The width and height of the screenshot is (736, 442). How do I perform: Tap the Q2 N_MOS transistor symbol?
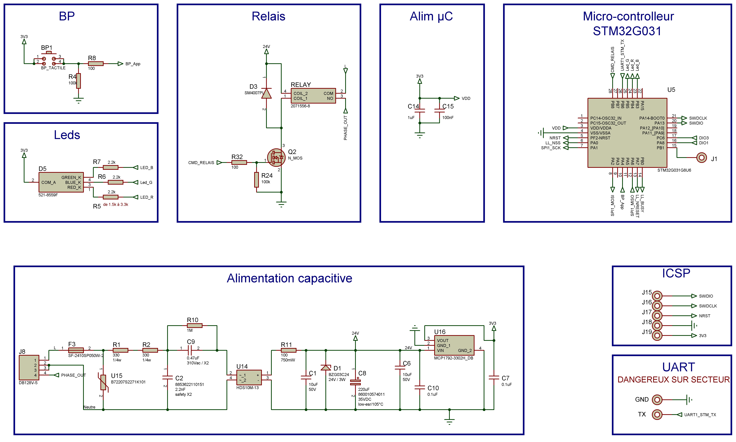click(x=276, y=158)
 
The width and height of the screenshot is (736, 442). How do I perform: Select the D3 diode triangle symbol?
click(x=266, y=93)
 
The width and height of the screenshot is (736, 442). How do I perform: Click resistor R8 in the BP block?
click(x=96, y=63)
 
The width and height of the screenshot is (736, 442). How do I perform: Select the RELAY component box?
click(x=313, y=96)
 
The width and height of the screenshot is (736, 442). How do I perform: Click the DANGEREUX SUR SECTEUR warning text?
click(x=673, y=380)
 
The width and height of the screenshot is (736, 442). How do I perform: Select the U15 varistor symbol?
click(x=103, y=382)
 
